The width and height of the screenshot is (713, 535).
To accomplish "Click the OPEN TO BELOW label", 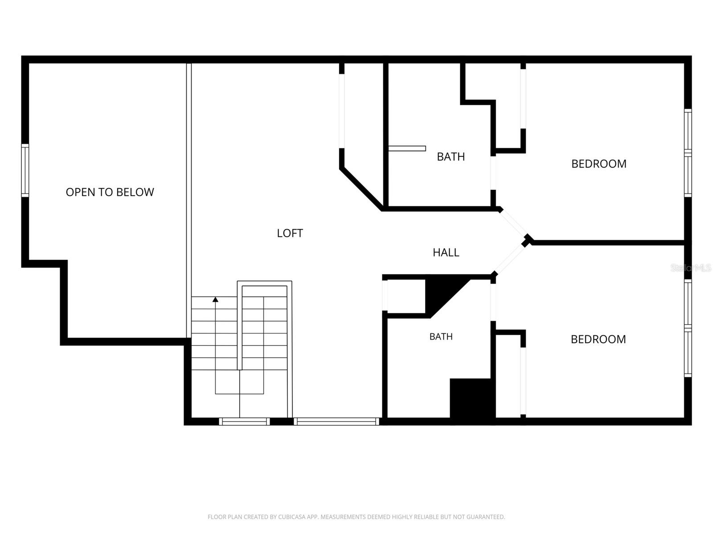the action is (110, 192).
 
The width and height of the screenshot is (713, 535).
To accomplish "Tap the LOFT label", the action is (290, 233).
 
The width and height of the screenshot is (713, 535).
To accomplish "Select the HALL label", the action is (446, 252).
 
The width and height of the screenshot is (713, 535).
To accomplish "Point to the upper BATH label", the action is (451, 156).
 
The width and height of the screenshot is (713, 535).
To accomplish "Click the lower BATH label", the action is (441, 337).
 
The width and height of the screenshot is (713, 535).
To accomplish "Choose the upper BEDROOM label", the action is (598, 164).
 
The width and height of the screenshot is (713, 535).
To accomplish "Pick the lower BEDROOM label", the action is (598, 339).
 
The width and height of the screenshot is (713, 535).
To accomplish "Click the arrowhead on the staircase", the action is (215, 299).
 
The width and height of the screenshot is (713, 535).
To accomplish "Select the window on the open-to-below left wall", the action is (25, 170).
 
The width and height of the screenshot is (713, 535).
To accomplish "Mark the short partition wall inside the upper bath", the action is (407, 148).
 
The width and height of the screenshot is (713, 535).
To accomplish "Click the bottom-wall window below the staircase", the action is (244, 421).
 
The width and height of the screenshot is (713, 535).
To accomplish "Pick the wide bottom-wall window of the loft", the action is (336, 421).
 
